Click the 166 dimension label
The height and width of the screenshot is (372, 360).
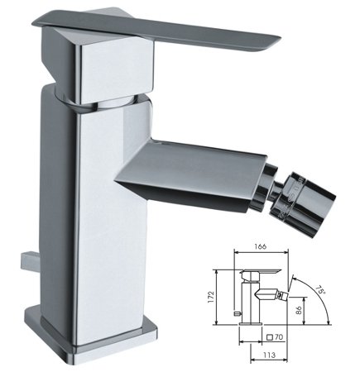pos(261,246)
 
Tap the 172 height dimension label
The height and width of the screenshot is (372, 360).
pos(211,297)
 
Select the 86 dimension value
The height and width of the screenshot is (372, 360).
pos(299,310)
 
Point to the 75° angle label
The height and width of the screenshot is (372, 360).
pos(320,290)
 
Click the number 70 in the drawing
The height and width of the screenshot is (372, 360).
pos(279,337)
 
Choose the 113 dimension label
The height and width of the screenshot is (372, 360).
pos(269,355)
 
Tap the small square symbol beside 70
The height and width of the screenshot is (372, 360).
pos(270,337)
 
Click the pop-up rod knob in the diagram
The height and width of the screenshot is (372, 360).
pos(237,313)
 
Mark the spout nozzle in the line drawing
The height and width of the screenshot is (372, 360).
pos(282,296)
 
